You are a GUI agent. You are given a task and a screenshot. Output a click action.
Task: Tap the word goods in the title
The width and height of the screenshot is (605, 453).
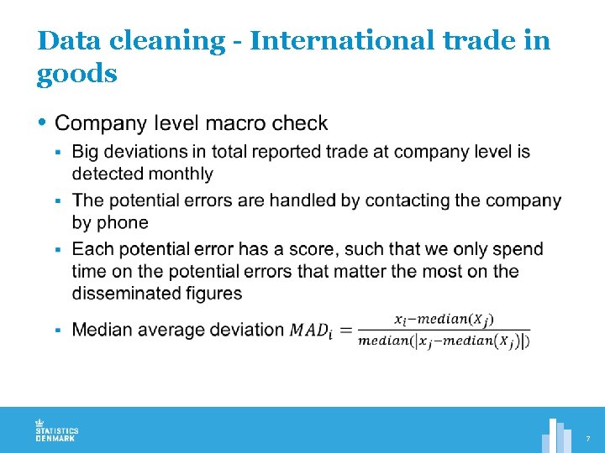76,75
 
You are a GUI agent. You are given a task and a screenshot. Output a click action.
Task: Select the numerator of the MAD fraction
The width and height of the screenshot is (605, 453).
443,319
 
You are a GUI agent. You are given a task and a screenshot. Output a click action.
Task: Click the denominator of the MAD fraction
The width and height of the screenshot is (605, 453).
443,341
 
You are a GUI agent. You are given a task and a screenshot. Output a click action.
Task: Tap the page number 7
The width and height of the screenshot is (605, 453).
588,439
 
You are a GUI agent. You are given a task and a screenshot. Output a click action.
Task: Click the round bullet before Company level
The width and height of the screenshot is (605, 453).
45,123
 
